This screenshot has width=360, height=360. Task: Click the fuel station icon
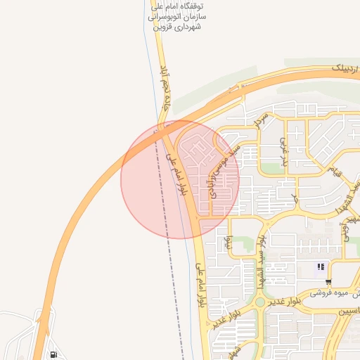pyautogui.click(x=54, y=354)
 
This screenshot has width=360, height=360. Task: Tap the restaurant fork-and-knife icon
pyautogui.click(x=321, y=266)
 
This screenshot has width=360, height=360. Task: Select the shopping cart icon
pyautogui.click(x=328, y=281)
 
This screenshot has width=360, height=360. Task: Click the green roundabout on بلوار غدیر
pyautogui.click(x=259, y=302)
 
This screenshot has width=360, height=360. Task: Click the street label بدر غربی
pyautogui.click(x=284, y=149)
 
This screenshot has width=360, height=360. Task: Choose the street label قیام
pyautogui.click(x=337, y=170)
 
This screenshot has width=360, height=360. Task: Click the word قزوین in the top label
pyautogui.click(x=167, y=27)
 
